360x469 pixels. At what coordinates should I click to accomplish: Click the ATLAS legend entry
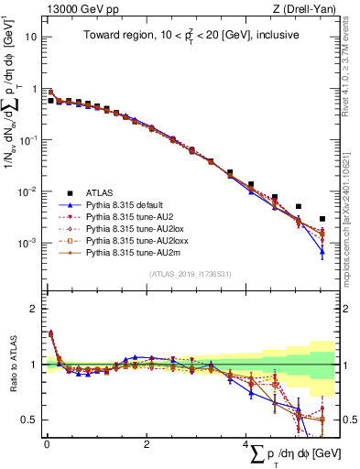[x=100, y=193]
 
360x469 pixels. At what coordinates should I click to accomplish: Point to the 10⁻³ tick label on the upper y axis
[x=28, y=243]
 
